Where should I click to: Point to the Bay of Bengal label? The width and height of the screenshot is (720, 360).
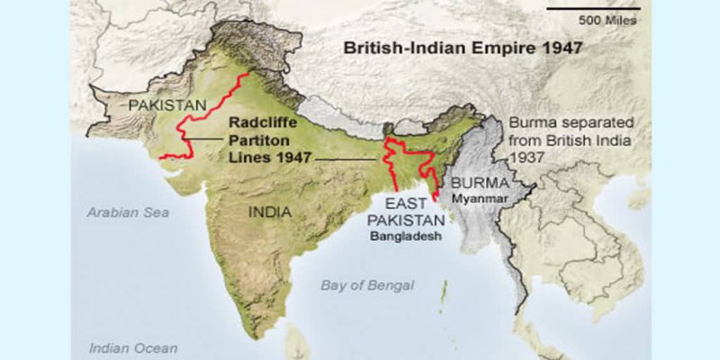pos(368,285)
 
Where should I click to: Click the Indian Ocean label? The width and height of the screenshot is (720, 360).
pos(133,347)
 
